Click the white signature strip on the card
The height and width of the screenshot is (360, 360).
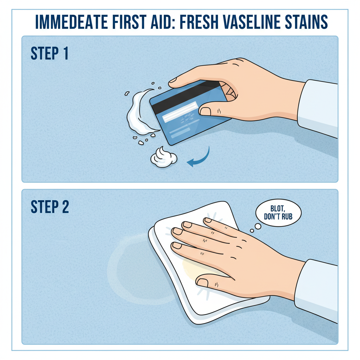tap(180, 111)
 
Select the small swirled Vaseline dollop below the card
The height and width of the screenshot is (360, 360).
tap(163, 157)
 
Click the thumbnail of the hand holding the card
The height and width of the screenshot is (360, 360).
tap(206, 111)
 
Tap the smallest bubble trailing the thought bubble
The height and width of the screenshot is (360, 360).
tap(252, 231)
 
